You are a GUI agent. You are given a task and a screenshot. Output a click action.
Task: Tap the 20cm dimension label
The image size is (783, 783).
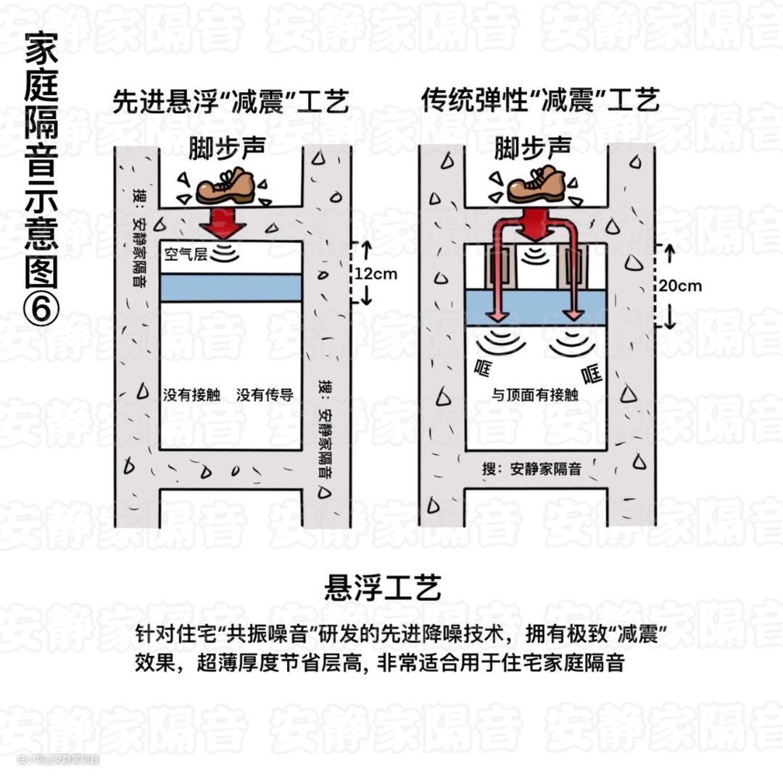(x=680, y=286)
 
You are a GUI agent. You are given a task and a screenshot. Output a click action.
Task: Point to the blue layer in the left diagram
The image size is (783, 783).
(x=230, y=287)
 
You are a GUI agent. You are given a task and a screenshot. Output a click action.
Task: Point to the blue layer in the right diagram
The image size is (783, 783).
(x=535, y=307)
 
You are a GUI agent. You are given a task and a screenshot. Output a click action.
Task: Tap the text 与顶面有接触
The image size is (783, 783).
(x=535, y=395)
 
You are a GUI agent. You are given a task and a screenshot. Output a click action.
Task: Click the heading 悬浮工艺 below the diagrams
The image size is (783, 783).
(x=383, y=587)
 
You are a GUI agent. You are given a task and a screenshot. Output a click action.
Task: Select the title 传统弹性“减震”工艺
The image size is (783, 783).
(x=541, y=101)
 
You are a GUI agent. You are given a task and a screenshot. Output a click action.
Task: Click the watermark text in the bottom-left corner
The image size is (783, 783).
(x=58, y=759)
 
